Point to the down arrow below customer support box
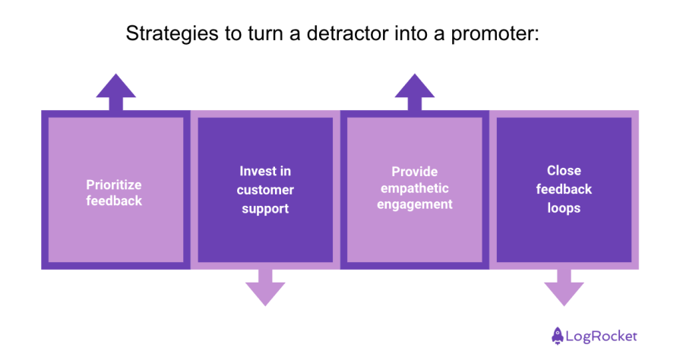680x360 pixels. click(x=265, y=287)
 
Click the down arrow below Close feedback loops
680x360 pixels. click(x=564, y=287)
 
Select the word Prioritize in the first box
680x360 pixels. click(x=114, y=185)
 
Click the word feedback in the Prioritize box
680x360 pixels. click(x=114, y=201)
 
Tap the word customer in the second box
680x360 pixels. click(x=265, y=190)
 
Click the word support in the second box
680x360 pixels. click(x=265, y=208)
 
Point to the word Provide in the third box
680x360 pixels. click(x=414, y=172)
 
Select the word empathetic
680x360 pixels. click(x=414, y=188)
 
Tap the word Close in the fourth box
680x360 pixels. click(x=564, y=171)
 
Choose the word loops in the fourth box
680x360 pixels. click(x=564, y=207)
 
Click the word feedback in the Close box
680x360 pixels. click(x=564, y=189)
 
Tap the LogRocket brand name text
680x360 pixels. click(x=603, y=336)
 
